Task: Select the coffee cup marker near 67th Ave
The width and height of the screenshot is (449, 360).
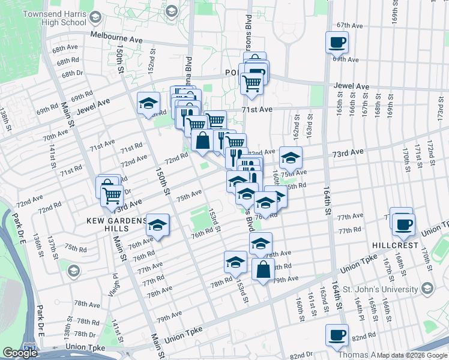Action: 337,43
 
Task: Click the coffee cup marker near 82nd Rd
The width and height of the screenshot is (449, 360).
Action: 337,335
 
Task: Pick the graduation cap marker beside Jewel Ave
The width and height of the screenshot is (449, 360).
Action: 148,103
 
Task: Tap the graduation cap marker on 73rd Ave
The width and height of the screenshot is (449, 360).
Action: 291,158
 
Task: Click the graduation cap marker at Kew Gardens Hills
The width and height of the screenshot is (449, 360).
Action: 157,226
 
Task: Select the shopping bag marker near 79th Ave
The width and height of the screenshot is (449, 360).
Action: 263,269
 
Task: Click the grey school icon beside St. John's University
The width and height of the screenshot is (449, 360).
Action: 427,289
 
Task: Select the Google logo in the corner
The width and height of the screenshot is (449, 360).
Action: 20,353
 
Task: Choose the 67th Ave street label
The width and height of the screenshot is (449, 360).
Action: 350,26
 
